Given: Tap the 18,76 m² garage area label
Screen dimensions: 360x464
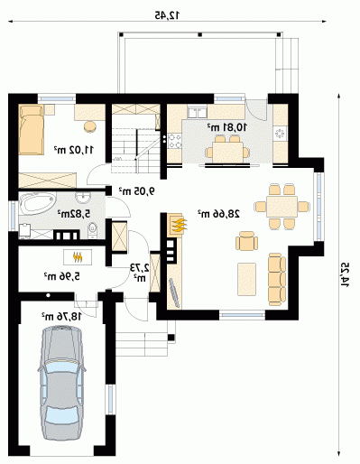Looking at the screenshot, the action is pyautogui.click(x=61, y=316).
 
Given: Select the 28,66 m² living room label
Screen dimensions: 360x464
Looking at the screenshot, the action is pyautogui.click(x=218, y=214).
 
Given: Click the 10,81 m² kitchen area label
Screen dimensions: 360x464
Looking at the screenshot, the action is pyautogui.click(x=227, y=127).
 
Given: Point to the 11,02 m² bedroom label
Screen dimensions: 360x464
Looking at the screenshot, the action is pyautogui.click(x=74, y=149).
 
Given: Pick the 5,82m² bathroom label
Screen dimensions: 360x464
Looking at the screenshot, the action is pyautogui.click(x=74, y=214).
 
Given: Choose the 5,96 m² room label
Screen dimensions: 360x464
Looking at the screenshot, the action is pyautogui.click(x=62, y=276).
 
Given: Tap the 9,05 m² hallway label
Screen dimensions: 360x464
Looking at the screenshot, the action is pyautogui.click(x=137, y=190).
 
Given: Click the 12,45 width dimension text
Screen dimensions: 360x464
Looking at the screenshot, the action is pyautogui.click(x=167, y=15).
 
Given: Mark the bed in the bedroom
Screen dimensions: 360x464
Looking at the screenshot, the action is pyautogui.click(x=32, y=130).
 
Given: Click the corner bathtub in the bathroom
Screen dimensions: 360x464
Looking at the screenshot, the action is pyautogui.click(x=38, y=203).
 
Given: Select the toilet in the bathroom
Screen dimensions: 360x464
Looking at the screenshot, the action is pyautogui.click(x=92, y=231).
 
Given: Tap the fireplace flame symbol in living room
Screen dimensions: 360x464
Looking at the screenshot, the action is pyautogui.click(x=179, y=225).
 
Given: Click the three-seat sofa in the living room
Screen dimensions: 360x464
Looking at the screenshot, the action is pyautogui.click(x=277, y=280).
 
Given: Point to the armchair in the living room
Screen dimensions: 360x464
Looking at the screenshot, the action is pyautogui.click(x=247, y=241).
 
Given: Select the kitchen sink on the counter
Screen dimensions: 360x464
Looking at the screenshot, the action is pyautogui.click(x=197, y=112).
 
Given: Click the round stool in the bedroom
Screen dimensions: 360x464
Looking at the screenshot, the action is pyautogui.click(x=90, y=126).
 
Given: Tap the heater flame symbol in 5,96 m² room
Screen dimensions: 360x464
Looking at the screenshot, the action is pyautogui.click(x=78, y=257).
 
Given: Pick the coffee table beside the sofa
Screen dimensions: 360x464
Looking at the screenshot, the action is pyautogui.click(x=247, y=279).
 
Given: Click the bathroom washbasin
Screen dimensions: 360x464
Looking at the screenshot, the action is pyautogui.click(x=83, y=198).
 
